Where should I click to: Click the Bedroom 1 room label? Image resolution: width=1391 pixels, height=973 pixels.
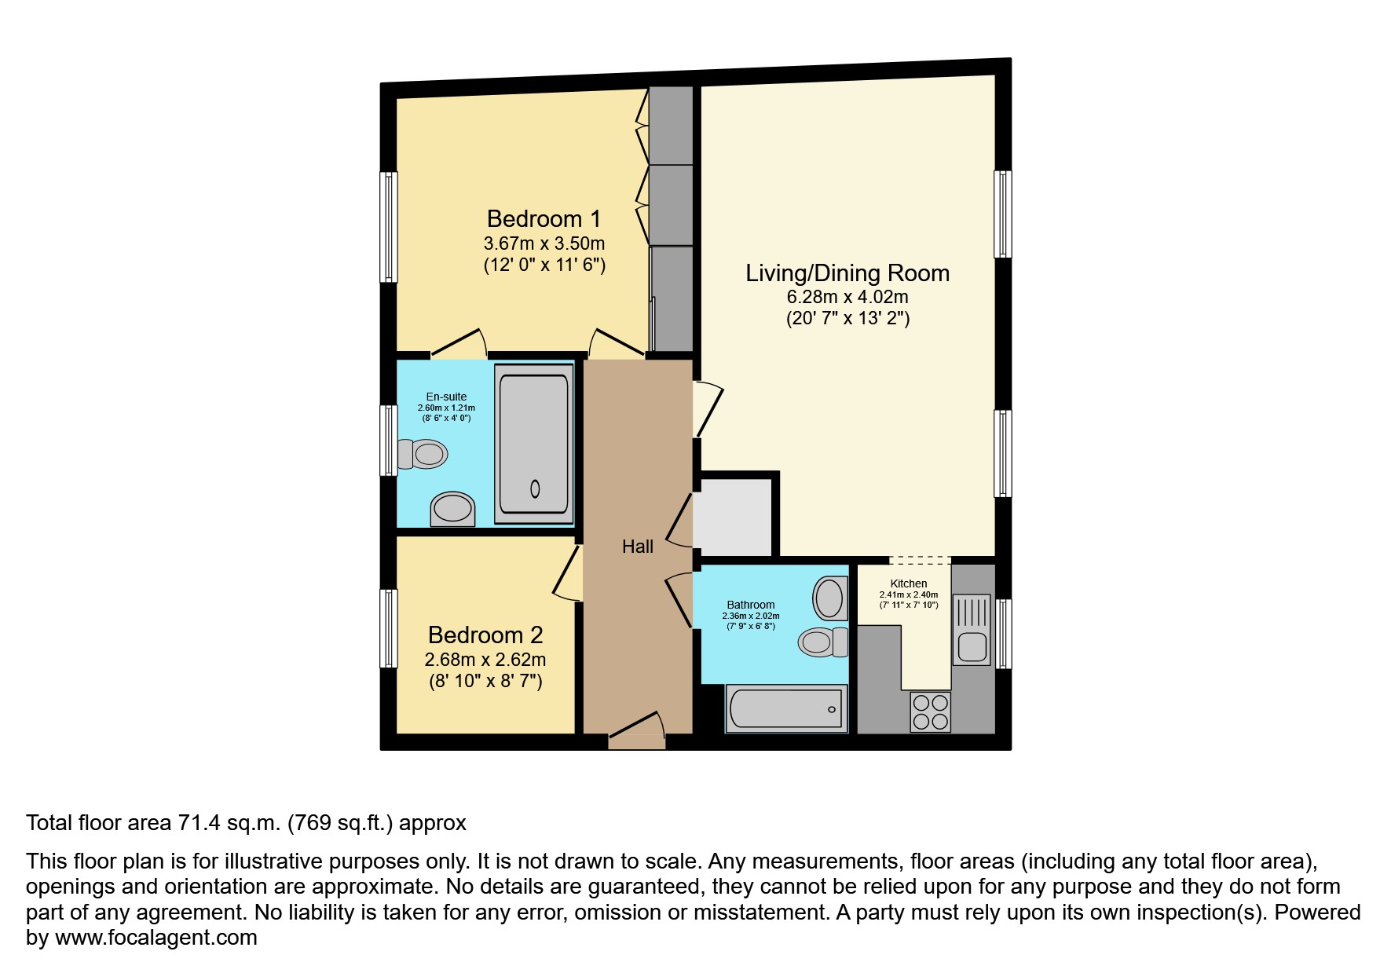(x=544, y=218)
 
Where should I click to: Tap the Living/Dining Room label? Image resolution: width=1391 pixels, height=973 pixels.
(x=847, y=273)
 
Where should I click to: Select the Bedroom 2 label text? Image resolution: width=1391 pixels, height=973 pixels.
(x=485, y=635)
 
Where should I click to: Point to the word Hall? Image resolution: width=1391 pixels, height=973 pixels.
(x=638, y=547)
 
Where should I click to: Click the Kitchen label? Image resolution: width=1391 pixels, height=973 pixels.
(x=909, y=583)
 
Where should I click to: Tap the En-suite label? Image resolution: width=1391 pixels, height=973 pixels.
(x=446, y=397)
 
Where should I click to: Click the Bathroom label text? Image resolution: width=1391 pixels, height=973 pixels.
(x=751, y=605)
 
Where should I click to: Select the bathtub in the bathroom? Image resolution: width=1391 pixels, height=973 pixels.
(x=786, y=708)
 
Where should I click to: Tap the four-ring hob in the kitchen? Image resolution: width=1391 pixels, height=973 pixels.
(x=931, y=711)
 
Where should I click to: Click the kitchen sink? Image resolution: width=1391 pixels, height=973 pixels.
(x=972, y=628)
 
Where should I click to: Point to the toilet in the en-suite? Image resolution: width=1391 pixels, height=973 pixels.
(x=423, y=454)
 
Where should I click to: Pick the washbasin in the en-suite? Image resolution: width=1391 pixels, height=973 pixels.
(x=453, y=509)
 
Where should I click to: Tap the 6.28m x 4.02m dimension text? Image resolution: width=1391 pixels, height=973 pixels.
(x=847, y=297)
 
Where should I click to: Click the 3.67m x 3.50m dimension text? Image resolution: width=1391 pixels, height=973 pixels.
(x=544, y=243)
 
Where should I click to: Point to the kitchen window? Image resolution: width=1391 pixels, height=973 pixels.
(x=1003, y=634)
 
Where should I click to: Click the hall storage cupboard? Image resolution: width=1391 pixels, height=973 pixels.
(x=732, y=518)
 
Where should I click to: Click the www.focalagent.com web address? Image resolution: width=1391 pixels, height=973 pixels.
(x=156, y=938)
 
